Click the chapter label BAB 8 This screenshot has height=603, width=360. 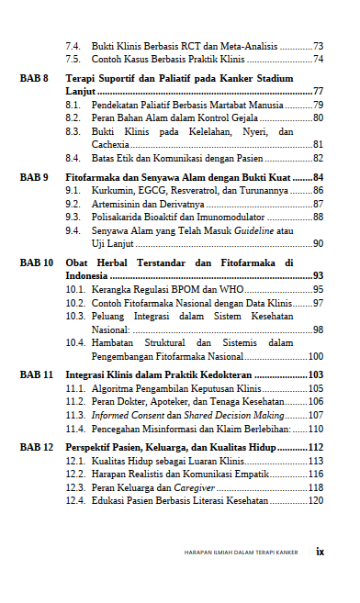[35, 79]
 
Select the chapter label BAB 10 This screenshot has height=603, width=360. [37, 262]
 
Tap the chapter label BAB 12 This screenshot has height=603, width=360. [37, 447]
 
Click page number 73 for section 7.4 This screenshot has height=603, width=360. [318, 46]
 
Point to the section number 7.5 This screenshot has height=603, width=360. [73, 59]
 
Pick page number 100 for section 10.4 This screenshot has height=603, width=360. [315, 356]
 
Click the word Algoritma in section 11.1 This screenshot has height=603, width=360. [113, 389]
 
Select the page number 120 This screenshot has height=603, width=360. [315, 501]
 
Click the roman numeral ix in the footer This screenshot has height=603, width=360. [321, 552]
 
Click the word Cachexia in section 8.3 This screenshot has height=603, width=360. [111, 145]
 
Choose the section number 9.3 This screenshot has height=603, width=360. [73, 218]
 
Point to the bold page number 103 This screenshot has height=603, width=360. [314, 375]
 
